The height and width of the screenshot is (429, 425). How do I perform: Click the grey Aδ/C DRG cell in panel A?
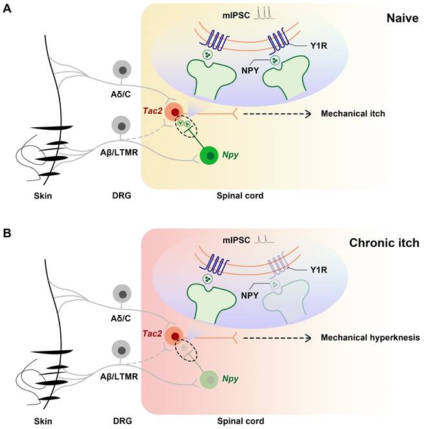coord(121,70)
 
